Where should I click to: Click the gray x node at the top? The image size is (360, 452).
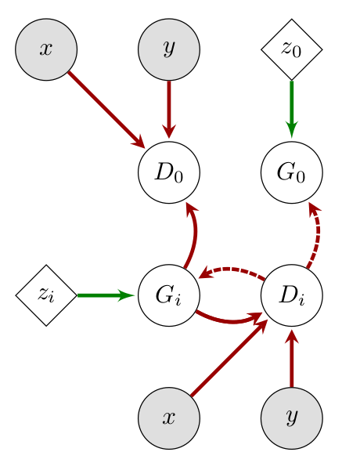pos(46,49)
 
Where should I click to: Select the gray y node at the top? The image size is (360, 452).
pos(169,49)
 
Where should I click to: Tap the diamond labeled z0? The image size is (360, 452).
pos(292,49)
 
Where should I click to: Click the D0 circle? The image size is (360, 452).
pos(169,172)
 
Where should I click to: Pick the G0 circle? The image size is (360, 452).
pos(292,172)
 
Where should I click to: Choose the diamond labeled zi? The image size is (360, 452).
pos(46,295)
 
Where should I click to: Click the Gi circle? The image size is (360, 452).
pos(169,295)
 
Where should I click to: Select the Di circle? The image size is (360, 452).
pos(292,295)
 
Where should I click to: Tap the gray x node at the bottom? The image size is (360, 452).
pos(169,418)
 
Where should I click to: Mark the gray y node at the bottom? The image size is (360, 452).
pos(292,418)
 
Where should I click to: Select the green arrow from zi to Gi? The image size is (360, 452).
pos(105,295)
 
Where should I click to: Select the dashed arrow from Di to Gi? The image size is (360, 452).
pos(232,269)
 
